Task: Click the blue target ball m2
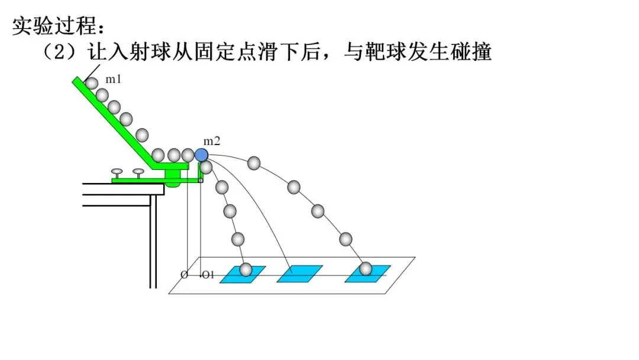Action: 201,155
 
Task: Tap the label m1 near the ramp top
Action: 114,79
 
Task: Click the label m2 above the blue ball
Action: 212,142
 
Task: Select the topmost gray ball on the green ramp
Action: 91,83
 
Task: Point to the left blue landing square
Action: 243,274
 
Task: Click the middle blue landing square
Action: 299,274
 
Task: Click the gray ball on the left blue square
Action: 246,270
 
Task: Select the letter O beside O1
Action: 184,275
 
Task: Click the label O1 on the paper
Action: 207,275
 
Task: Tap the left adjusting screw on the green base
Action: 117,173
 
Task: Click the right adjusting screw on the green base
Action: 138,173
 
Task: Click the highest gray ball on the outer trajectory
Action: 254,163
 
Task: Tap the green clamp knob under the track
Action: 172,178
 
